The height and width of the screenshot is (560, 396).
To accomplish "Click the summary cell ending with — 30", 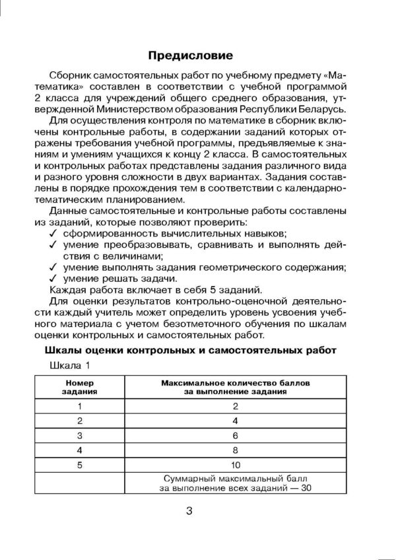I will (x=236, y=482).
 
